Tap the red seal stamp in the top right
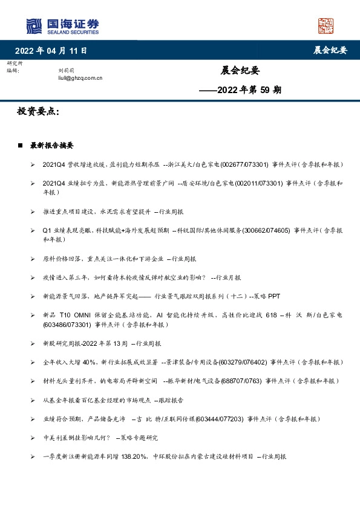coord(326,27)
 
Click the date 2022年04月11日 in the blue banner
coord(51,51)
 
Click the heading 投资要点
coord(39,112)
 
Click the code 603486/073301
coord(68,324)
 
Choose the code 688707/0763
coord(241,381)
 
